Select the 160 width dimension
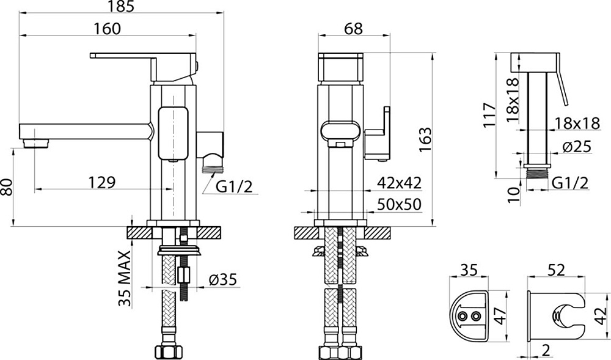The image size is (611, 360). click(107, 29)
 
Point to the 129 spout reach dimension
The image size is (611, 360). click(102, 182)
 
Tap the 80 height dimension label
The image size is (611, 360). click(7, 188)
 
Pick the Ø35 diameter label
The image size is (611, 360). click(223, 279)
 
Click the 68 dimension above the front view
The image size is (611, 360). click(353, 29)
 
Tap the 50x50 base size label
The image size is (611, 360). click(400, 204)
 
